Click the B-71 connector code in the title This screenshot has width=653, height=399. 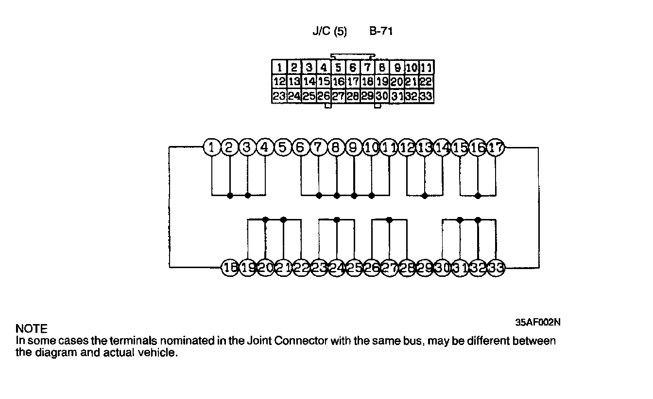tap(381, 32)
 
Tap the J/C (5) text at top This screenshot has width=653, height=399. tap(329, 32)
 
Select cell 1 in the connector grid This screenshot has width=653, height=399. tap(279, 68)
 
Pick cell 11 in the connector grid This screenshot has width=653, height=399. tap(426, 68)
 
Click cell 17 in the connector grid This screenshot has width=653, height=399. tap(353, 82)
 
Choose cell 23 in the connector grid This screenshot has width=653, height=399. tap(279, 96)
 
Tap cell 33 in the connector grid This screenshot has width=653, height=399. tap(426, 96)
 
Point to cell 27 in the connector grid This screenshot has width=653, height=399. tap(338, 96)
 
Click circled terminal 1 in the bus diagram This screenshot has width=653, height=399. tap(211, 147)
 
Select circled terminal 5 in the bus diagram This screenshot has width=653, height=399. tap(282, 147)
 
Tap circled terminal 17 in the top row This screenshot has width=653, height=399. tap(496, 147)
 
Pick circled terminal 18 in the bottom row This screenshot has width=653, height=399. tap(229, 268)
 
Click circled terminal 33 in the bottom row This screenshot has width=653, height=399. tap(496, 268)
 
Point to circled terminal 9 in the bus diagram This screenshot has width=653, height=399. tap(353, 147)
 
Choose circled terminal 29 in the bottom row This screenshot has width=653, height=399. tap(425, 268)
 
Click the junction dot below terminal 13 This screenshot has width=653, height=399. tap(425, 196)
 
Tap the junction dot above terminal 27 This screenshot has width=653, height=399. tap(389, 219)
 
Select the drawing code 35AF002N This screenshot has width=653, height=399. tap(538, 322)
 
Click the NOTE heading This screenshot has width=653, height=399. tap(32, 329)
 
